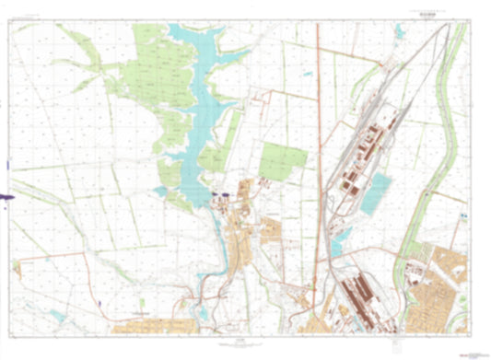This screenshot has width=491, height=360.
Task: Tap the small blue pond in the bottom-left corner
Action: (x=57, y=314)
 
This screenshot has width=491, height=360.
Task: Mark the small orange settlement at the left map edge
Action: (x=16, y=268)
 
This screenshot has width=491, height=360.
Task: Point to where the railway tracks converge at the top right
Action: (x=445, y=29)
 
